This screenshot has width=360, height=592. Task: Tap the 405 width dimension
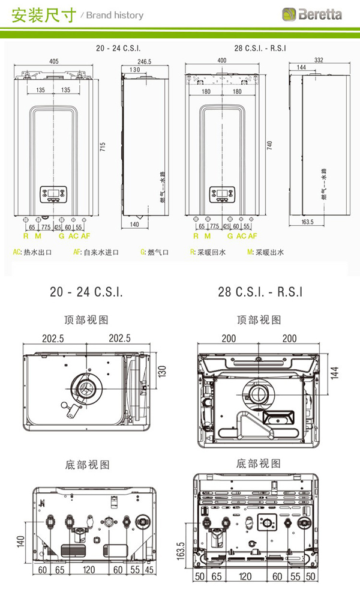[54, 61]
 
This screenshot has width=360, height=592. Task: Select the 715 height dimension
[103, 146]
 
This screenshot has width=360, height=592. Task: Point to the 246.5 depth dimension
[144, 61]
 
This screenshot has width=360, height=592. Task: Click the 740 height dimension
[269, 145]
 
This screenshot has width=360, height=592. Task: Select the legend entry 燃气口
[158, 252]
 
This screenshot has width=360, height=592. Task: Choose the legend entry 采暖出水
[269, 252]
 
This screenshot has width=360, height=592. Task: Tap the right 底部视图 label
[259, 464]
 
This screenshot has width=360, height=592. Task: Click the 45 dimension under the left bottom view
[149, 569]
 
